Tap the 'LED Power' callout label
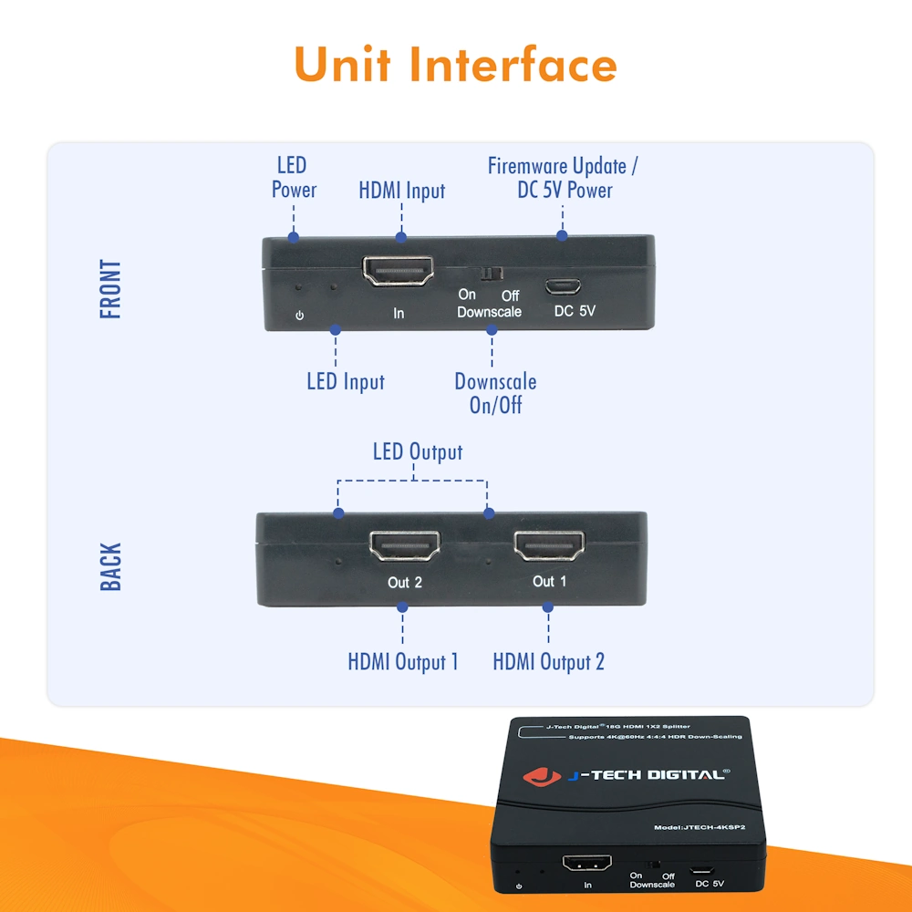coord(293,178)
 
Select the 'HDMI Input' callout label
coord(402,191)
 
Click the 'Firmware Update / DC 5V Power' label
coord(563,178)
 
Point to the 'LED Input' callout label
coord(345,381)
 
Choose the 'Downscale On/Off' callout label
coord(495,393)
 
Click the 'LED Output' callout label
coord(417,451)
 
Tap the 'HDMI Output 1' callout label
coord(403,661)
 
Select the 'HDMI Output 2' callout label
coord(548,661)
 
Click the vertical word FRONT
coord(110,289)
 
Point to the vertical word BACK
coord(110,566)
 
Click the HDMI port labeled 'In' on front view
coord(398,271)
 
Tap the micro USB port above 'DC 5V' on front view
coord(563,285)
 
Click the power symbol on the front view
coord(299,316)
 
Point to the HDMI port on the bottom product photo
coord(586,863)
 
